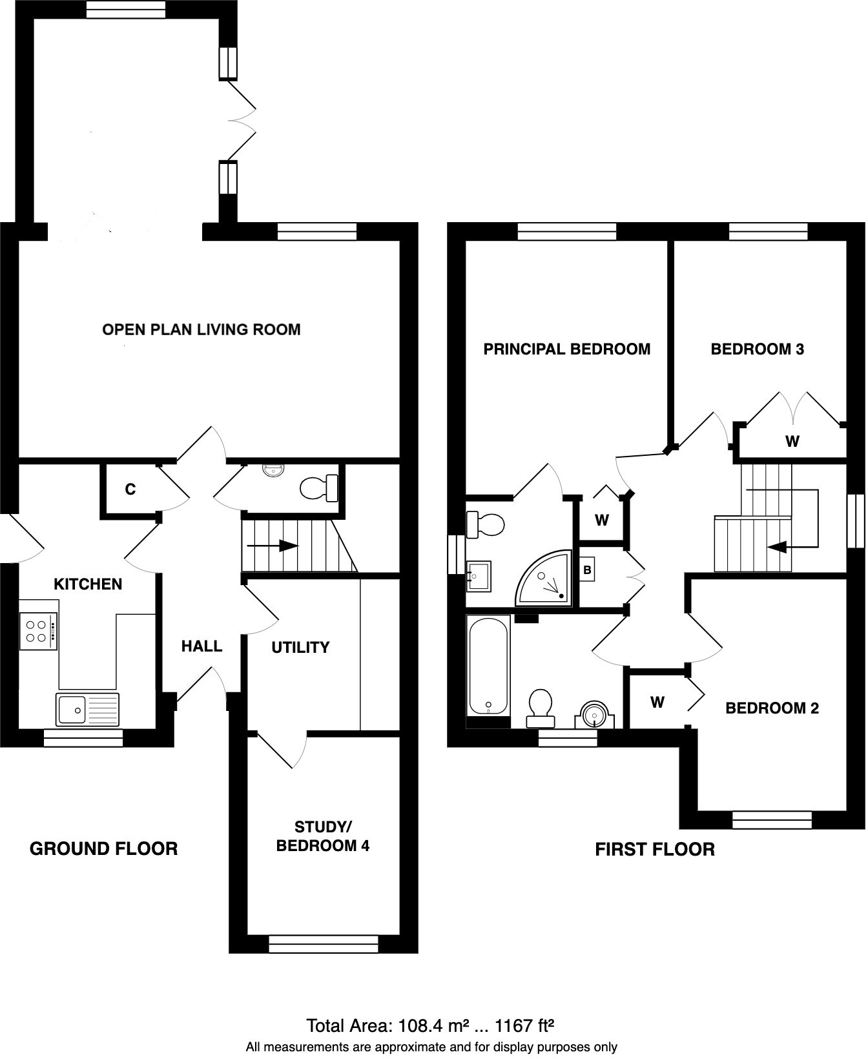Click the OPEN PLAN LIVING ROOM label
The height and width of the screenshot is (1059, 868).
(201, 330)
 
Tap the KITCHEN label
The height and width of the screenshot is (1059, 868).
(88, 584)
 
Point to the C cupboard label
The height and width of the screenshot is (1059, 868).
(130, 490)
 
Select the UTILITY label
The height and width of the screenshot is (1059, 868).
(300, 648)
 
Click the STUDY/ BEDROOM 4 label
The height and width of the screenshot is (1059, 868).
(322, 836)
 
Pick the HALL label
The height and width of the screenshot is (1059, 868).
(201, 646)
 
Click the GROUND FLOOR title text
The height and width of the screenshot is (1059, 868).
(103, 848)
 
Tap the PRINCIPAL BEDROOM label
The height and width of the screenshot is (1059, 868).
(567, 349)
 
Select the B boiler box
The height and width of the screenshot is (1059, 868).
(587, 571)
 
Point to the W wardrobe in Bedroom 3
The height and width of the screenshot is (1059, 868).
(792, 442)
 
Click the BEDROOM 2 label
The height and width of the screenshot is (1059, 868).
(772, 708)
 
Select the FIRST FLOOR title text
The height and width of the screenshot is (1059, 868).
(654, 849)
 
